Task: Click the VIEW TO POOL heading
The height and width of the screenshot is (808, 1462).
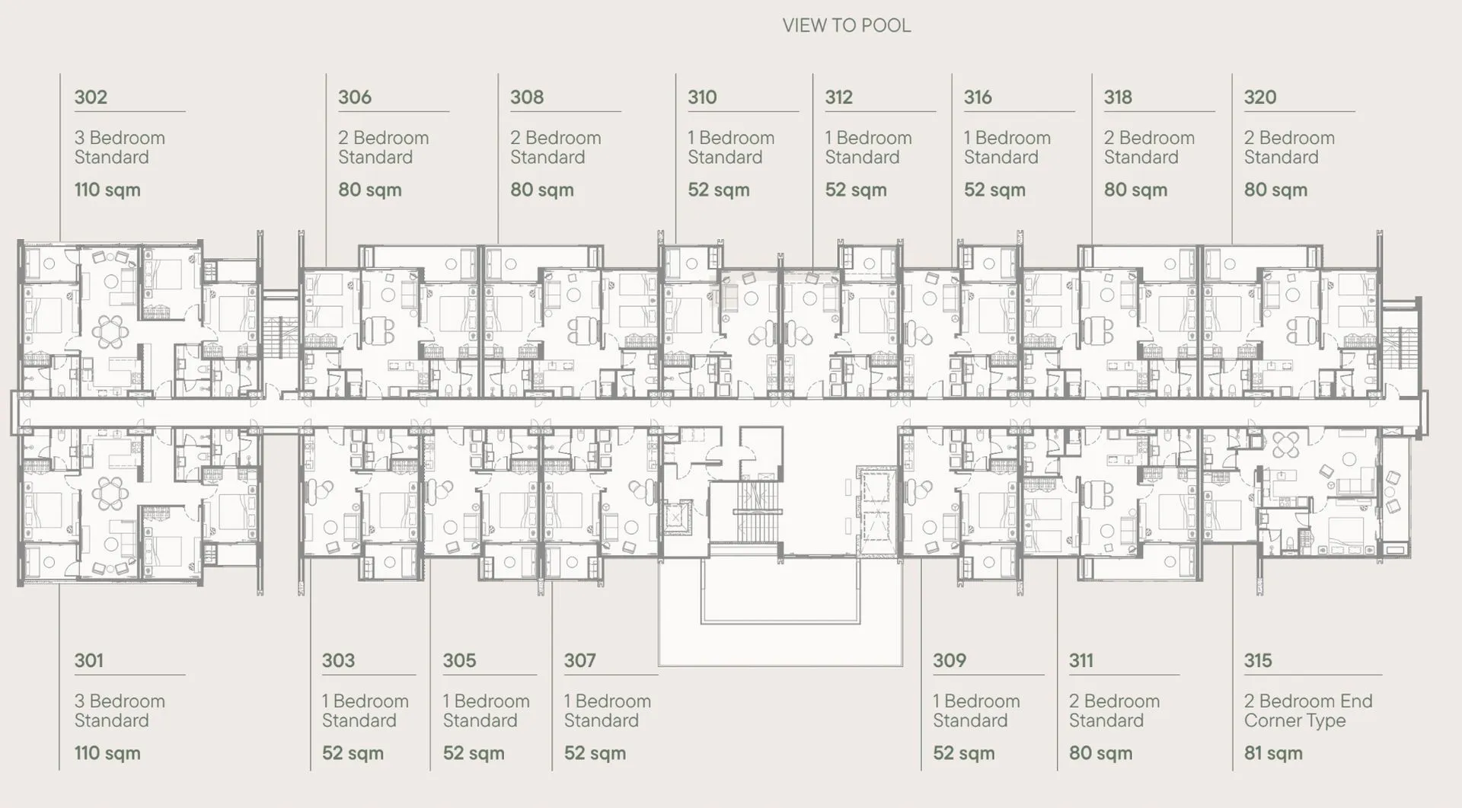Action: tap(846, 25)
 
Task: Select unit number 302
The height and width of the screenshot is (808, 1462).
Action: tap(91, 97)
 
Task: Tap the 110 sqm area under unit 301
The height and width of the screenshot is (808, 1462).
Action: tap(107, 753)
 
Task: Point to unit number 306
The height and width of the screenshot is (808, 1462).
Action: tap(355, 97)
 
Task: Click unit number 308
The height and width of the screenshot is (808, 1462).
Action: tap(527, 97)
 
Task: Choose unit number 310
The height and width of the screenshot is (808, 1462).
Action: tap(702, 97)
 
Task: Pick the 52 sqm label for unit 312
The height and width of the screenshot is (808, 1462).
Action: tap(856, 190)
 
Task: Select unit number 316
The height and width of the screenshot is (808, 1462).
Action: tap(978, 97)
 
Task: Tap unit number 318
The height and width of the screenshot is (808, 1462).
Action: tap(1118, 97)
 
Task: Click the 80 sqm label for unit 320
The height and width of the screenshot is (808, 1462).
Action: tap(1275, 190)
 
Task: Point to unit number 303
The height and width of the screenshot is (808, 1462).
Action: tap(338, 660)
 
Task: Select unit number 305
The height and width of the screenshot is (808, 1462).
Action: tap(459, 660)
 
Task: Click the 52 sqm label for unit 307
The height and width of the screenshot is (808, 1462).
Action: tap(595, 753)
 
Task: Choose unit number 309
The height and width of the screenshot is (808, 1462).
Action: tap(950, 660)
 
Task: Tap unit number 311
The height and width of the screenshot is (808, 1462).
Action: tap(1081, 660)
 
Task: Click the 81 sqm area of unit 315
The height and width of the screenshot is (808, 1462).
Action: tap(1273, 753)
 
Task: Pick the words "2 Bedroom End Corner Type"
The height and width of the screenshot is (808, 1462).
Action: tap(1308, 711)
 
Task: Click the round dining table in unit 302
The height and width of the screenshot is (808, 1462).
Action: tap(111, 331)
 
